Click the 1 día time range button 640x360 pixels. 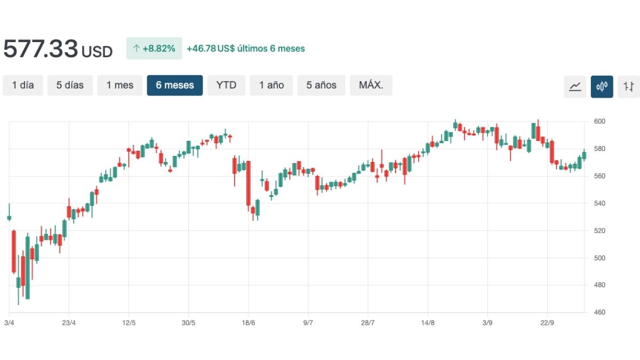(x=23, y=85)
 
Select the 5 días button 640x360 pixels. (x=70, y=85)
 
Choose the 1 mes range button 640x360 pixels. (x=119, y=85)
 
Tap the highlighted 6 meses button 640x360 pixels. (x=175, y=85)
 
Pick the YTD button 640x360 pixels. (x=226, y=85)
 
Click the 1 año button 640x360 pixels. (x=271, y=85)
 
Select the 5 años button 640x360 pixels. (x=321, y=85)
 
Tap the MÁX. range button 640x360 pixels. (x=371, y=85)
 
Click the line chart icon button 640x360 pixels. (x=575, y=86)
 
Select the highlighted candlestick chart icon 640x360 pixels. (x=602, y=86)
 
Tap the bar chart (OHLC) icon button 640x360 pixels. (x=629, y=86)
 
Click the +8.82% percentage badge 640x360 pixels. (x=154, y=49)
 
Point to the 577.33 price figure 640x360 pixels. (x=41, y=49)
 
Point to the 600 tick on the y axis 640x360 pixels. (x=599, y=122)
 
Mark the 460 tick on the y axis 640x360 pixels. (x=599, y=312)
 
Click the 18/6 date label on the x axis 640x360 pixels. (x=249, y=323)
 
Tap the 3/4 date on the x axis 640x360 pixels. (x=9, y=323)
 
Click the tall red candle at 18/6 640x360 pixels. (x=249, y=183)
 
